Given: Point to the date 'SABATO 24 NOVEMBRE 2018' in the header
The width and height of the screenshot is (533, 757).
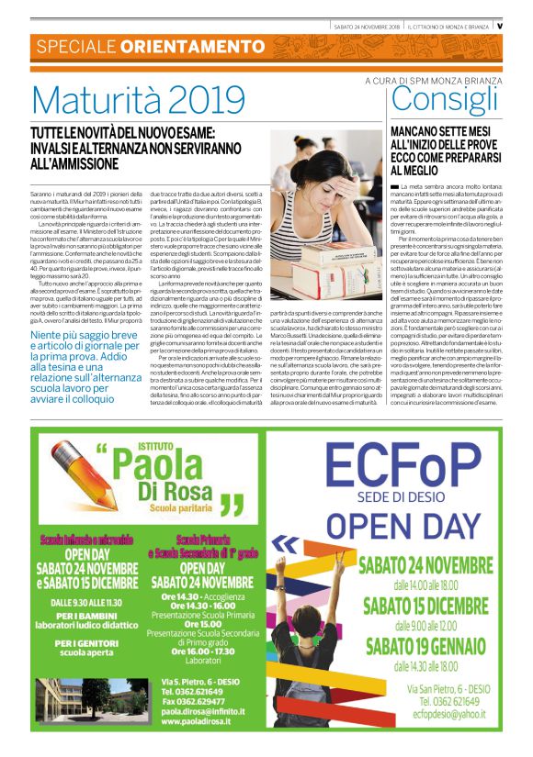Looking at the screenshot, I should tap(367, 26).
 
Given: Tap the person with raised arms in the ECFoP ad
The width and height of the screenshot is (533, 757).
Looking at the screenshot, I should tap(322, 633).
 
